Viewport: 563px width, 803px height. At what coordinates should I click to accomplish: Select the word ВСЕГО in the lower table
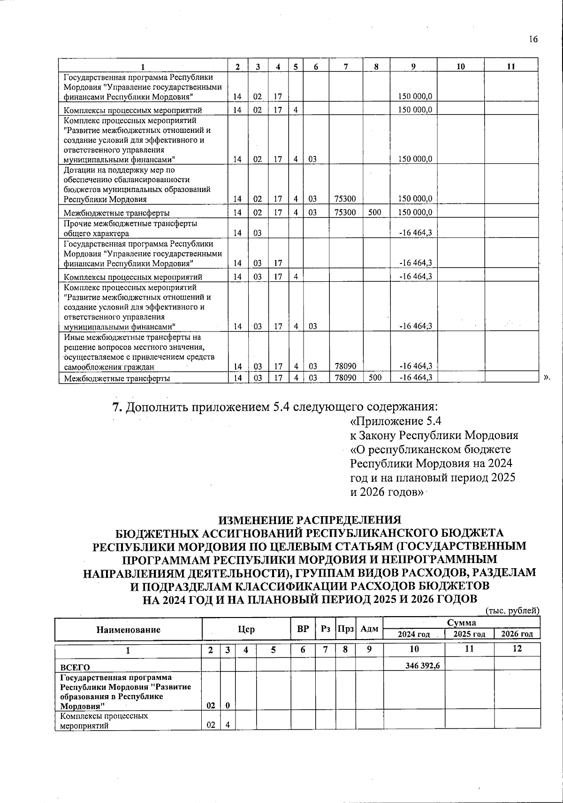tap(73, 667)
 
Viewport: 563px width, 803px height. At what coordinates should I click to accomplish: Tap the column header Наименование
tap(128, 630)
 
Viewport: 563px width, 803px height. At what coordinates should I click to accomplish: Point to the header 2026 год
tap(517, 634)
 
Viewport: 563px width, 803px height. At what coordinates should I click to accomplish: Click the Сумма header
tap(462, 623)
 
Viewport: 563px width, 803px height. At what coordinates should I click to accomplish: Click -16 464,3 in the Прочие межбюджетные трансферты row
tap(415, 233)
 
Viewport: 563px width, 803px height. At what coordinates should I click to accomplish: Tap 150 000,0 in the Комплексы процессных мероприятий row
tap(415, 110)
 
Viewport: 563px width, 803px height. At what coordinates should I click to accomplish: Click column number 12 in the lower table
tap(517, 649)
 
